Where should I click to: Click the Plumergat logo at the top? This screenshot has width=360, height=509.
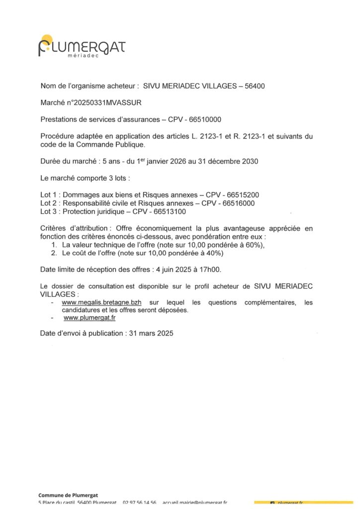pos(82,47)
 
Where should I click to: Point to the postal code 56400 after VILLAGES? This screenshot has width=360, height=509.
pos(255,86)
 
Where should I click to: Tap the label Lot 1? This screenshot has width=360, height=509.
pos(49,194)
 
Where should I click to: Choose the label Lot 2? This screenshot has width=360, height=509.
pos(49,203)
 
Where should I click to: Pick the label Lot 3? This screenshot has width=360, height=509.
pos(49,211)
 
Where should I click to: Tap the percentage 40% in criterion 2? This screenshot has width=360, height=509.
pos(215,253)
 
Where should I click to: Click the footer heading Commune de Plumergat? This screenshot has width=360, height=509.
pos(68,495)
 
